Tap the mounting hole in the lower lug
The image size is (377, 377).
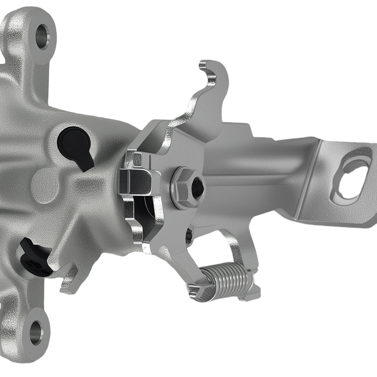click(x=37, y=331)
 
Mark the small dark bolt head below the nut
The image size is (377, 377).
click(x=189, y=235)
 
